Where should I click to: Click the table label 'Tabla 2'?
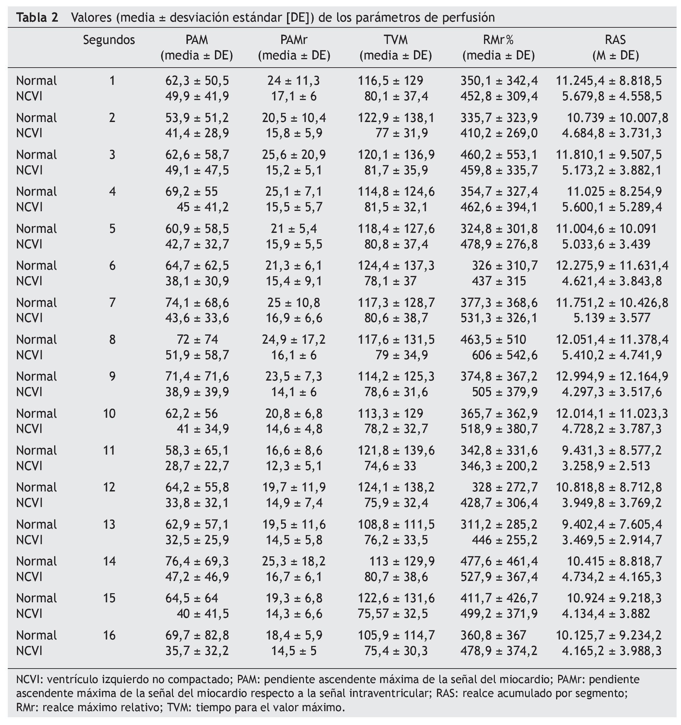pyautogui.click(x=37, y=18)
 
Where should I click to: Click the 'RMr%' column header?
pyautogui.click(x=499, y=40)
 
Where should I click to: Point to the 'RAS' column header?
pyautogui.click(x=615, y=40)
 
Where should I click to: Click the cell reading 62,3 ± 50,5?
pyautogui.click(x=197, y=80)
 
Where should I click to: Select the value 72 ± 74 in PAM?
pyautogui.click(x=197, y=340)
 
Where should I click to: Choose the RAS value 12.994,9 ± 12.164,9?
pyautogui.click(x=612, y=377)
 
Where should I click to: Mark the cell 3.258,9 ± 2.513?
pyautogui.click(x=606, y=466)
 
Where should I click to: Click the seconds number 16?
pyautogui.click(x=109, y=635)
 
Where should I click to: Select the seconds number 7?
pyautogui.click(x=112, y=303)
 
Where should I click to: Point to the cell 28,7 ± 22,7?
pyautogui.click(x=197, y=466)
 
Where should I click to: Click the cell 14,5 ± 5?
pyautogui.click(x=294, y=651)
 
